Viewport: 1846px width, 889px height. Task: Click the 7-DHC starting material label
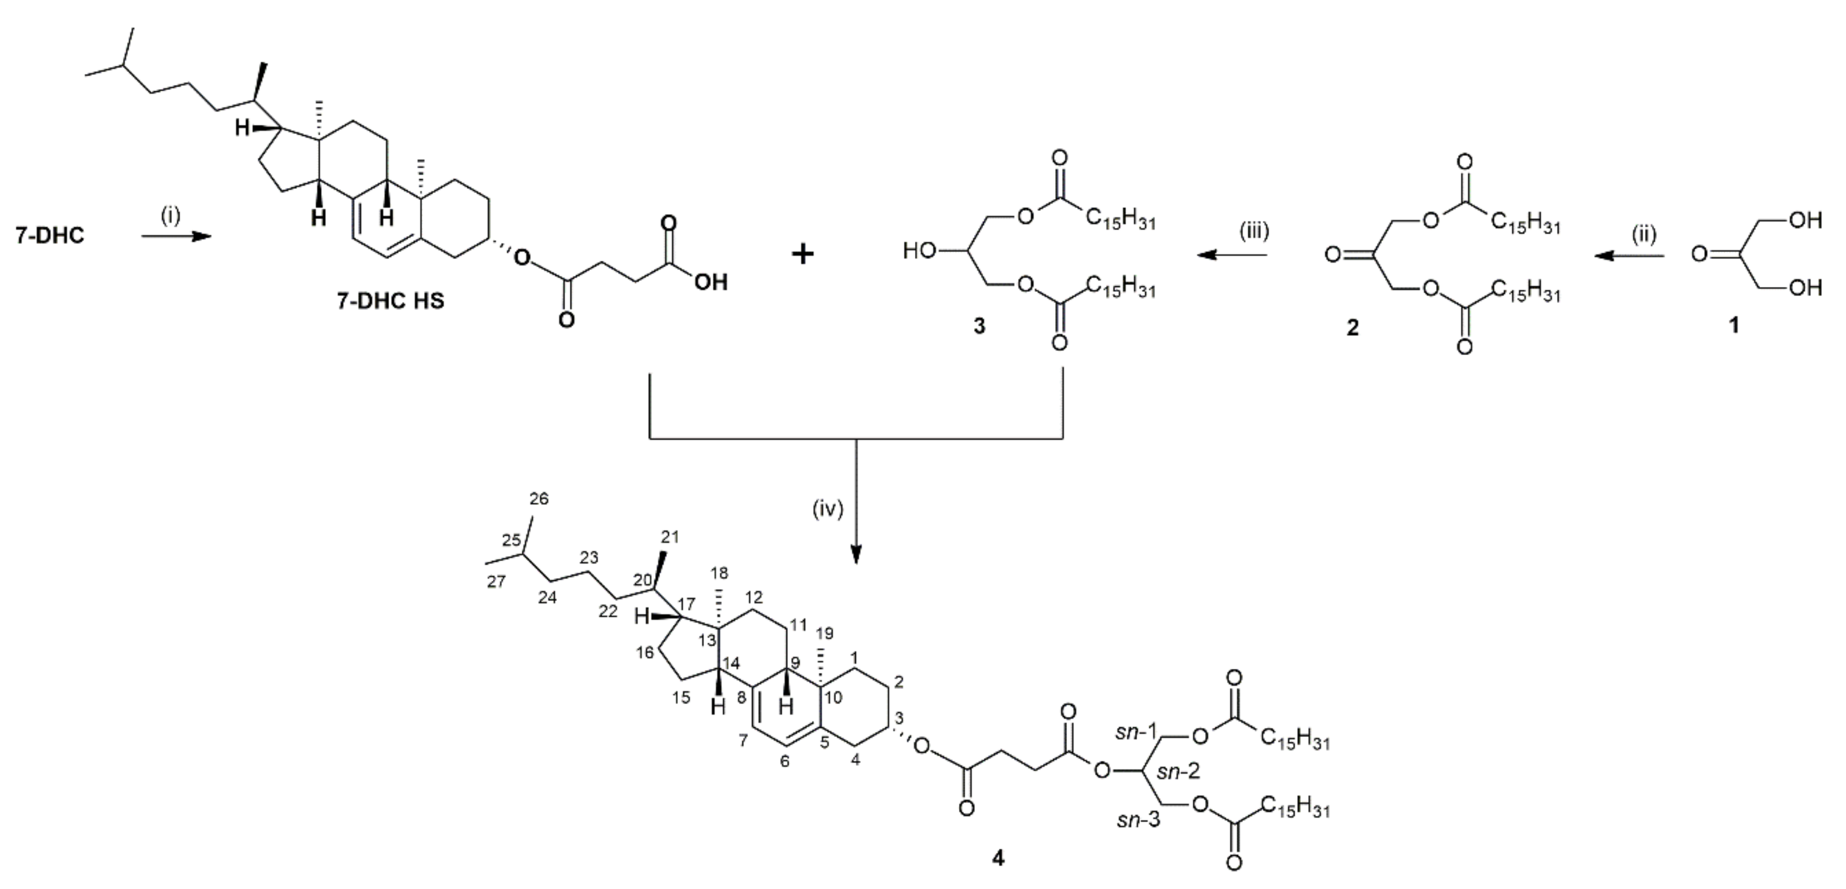(50, 235)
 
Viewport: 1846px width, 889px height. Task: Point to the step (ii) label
(1643, 233)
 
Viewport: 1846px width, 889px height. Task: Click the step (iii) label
(1254, 231)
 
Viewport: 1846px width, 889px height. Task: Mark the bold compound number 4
(998, 858)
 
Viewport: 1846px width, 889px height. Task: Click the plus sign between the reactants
(803, 254)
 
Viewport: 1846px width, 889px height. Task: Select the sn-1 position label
(1137, 732)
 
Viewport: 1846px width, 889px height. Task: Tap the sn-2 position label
(1179, 771)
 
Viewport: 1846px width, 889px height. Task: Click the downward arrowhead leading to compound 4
(856, 555)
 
